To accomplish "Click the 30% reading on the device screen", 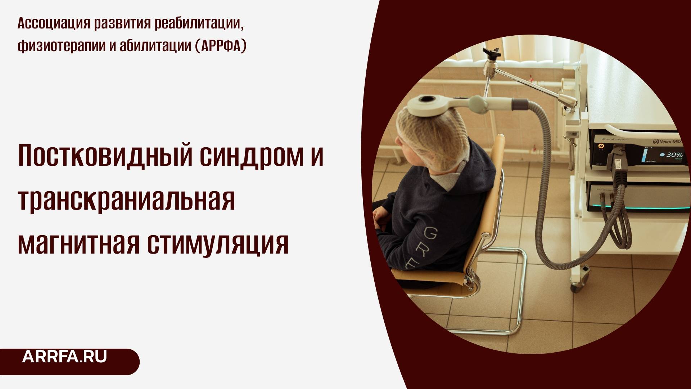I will coord(674,155).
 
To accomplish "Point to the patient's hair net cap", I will coord(432,140).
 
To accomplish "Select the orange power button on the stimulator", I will coord(600,146).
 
